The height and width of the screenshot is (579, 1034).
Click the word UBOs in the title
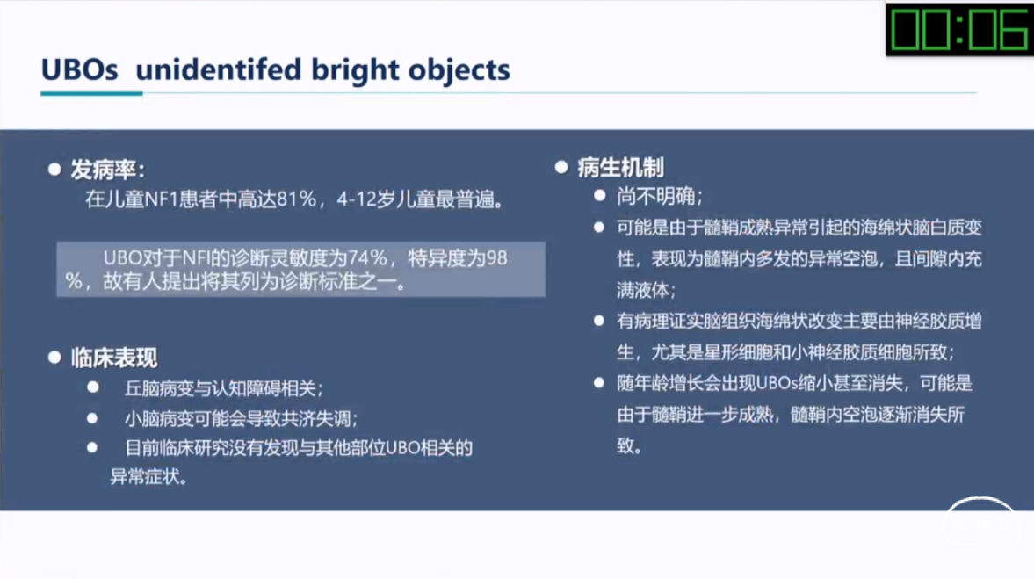coord(80,70)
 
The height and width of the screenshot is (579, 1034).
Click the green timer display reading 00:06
coord(958,29)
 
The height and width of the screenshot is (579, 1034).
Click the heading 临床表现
coord(114,358)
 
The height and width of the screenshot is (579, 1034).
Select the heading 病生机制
coord(620,168)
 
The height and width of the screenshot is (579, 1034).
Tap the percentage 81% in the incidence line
coord(297,199)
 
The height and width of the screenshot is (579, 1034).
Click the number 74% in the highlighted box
coord(367,257)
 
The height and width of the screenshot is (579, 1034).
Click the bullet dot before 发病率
coord(54,170)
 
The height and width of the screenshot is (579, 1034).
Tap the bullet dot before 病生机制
coord(561,168)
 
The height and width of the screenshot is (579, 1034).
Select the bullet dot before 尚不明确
coord(599,195)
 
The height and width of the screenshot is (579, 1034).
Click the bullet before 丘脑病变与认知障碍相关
coord(93,387)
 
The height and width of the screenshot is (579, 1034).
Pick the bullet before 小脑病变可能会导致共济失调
coord(92,417)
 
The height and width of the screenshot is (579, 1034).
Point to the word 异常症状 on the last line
coord(144,476)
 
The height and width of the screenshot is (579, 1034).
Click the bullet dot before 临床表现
coord(54,358)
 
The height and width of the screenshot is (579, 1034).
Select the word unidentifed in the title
coord(218,70)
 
